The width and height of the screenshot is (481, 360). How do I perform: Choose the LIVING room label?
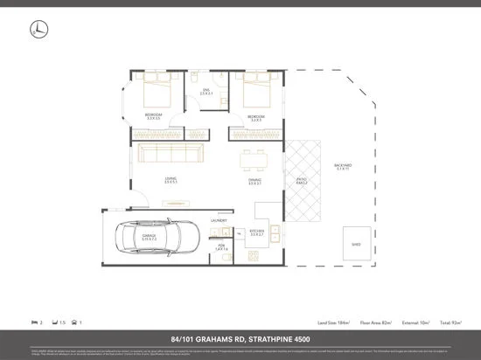pos(171,181)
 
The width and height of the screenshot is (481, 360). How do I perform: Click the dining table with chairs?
pos(255,162)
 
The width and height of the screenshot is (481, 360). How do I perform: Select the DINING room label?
pos(255,181)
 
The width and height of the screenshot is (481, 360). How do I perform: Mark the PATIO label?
pos(301,181)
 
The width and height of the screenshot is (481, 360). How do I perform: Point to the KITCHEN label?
pos(258,232)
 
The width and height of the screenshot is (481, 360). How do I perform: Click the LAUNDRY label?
pos(219,221)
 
